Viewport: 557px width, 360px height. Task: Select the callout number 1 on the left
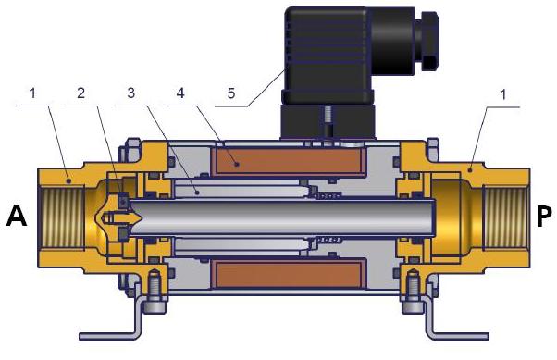pos(33,93)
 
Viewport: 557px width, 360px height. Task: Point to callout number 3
pos(132,93)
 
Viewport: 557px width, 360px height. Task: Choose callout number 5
pos(233,93)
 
